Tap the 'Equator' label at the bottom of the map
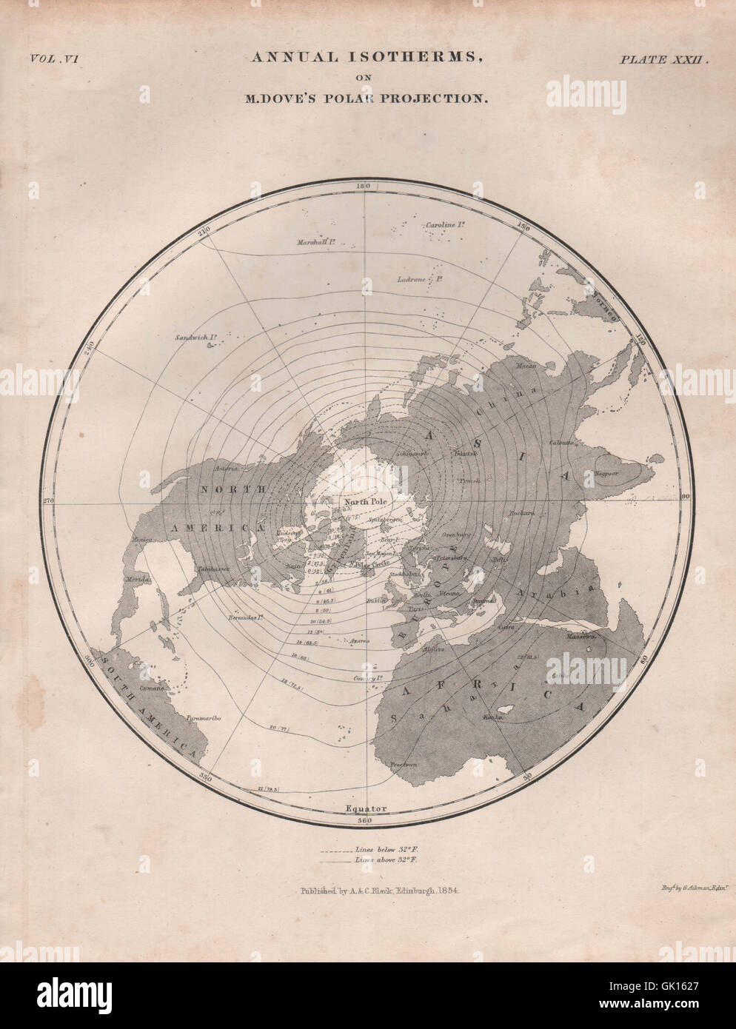tap(365, 808)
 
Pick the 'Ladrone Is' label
tap(417, 280)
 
